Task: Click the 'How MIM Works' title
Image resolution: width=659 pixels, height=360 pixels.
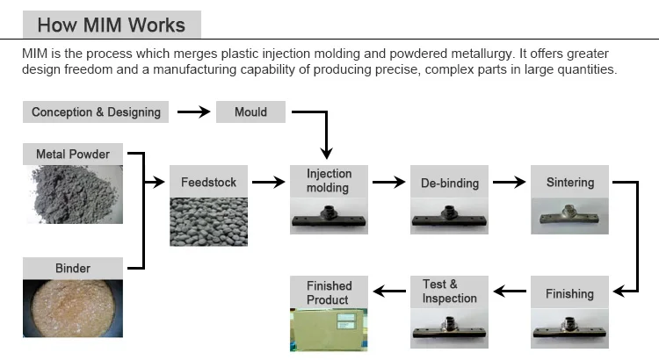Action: pyautogui.click(x=111, y=24)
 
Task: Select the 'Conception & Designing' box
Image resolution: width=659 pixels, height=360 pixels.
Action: pyautogui.click(x=96, y=112)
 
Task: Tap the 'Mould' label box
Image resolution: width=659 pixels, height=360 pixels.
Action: pyautogui.click(x=250, y=112)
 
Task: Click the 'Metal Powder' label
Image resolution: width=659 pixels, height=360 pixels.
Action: pyautogui.click(x=73, y=154)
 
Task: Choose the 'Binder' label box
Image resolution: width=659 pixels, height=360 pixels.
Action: pyautogui.click(x=73, y=268)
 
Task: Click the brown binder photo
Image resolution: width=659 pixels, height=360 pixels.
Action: pyautogui.click(x=73, y=308)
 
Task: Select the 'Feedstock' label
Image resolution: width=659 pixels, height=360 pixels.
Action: pyautogui.click(x=208, y=183)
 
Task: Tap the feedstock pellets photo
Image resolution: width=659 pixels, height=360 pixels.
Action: pyautogui.click(x=208, y=222)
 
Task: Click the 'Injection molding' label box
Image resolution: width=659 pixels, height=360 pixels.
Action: pyautogui.click(x=328, y=181)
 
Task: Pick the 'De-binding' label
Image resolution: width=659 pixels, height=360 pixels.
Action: pyautogui.click(x=449, y=183)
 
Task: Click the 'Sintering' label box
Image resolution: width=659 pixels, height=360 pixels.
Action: pyautogui.click(x=569, y=183)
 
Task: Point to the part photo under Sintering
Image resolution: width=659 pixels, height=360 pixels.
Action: pyautogui.click(x=569, y=217)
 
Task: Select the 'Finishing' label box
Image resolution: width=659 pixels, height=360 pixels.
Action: pyautogui.click(x=569, y=293)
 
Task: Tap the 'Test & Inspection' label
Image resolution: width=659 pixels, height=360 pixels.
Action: pyautogui.click(x=449, y=292)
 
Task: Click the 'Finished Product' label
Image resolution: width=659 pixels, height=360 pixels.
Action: pyautogui.click(x=329, y=292)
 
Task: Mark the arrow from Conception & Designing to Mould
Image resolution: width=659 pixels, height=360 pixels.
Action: pyautogui.click(x=194, y=112)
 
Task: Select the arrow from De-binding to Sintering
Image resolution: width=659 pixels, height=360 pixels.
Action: pyautogui.click(x=509, y=183)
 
